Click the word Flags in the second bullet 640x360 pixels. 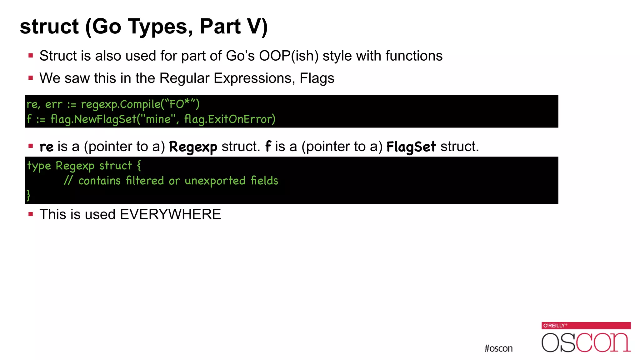[317, 78]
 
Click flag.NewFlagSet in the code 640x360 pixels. [93, 119]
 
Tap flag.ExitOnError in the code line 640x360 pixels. [230, 119]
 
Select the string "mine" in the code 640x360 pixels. [158, 119]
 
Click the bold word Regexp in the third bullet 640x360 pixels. [193, 147]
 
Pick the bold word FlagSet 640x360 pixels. [411, 147]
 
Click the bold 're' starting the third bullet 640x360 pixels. [46, 147]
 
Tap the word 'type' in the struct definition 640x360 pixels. [39, 166]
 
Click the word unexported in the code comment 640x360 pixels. [215, 181]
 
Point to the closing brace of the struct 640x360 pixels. [28, 195]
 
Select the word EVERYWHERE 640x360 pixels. [170, 214]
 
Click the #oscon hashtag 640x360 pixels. [498, 348]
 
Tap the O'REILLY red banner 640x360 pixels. [586, 325]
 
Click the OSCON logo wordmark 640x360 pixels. [586, 342]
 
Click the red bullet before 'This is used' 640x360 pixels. [31, 214]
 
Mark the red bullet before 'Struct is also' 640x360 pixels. [31, 56]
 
